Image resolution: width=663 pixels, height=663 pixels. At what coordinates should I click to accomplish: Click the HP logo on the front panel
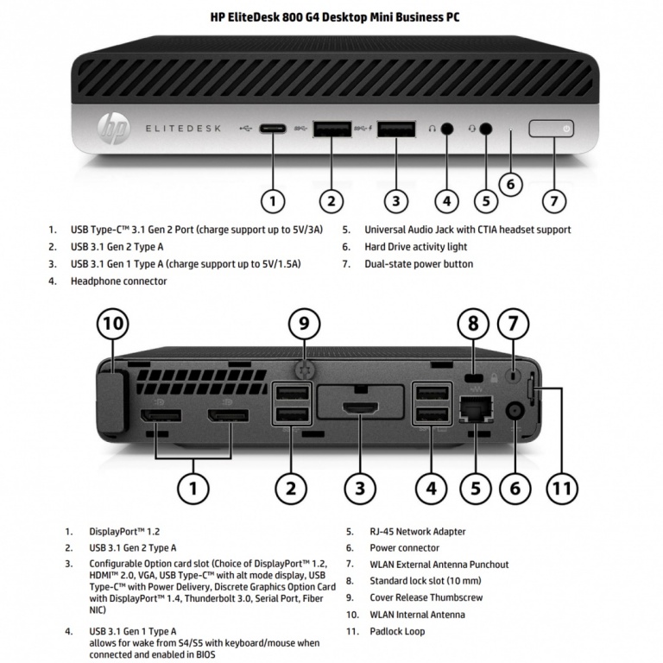pos(112,129)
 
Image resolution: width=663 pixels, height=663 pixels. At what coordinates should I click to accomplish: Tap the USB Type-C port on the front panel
pos(273,129)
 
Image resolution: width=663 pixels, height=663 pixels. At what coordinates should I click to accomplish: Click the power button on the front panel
pos(552,129)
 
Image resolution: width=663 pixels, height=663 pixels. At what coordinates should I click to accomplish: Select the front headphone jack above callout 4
pos(447,129)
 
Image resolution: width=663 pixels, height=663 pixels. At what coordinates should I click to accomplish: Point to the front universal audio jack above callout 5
pos(487,129)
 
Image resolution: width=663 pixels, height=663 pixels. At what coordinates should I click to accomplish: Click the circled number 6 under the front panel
pos(511,184)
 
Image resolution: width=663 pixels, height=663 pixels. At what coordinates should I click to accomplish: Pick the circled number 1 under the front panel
pos(273,201)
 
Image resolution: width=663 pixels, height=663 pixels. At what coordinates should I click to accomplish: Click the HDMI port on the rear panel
pos(361,408)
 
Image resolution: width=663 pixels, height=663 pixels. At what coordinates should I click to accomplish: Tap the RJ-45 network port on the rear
pos(477,409)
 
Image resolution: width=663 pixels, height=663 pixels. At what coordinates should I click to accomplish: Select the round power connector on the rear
pos(515,411)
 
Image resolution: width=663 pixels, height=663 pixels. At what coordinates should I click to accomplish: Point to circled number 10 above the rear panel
pos(113,324)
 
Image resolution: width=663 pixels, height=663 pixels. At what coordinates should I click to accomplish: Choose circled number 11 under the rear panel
pos(562,489)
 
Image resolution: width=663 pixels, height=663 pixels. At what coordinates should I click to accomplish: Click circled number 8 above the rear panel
pos(473,324)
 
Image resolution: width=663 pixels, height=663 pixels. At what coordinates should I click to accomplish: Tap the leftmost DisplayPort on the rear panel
pos(161,415)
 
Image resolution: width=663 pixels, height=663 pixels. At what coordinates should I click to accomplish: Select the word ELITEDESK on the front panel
pos(183,129)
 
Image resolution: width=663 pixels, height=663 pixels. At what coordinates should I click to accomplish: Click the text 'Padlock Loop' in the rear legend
pos(397,632)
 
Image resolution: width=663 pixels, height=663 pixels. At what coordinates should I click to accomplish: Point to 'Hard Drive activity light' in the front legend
pos(415,247)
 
